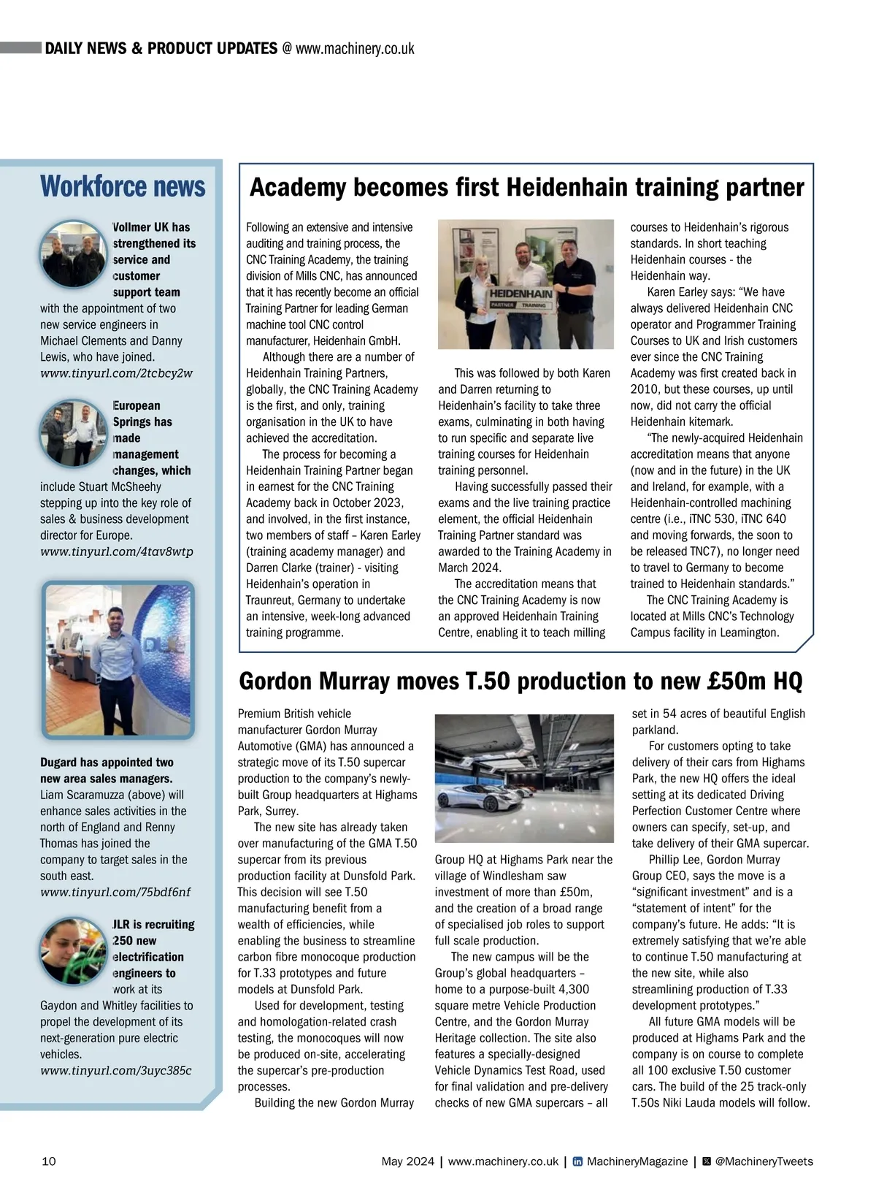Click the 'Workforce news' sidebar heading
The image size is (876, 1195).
pos(123,186)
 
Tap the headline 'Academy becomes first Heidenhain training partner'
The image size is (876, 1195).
pos(526,188)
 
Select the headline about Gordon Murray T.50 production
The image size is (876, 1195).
pos(520,682)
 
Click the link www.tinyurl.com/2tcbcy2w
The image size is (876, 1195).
pos(116,373)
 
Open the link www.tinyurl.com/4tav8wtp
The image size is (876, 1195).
pos(117,551)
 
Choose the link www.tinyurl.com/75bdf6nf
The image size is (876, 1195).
pos(115,892)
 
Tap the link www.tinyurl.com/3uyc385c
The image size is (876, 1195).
pos(115,1070)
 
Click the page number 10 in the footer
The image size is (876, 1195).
pos(49,1161)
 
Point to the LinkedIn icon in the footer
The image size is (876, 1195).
pos(577,1161)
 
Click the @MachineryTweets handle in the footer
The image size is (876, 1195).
pos(764,1161)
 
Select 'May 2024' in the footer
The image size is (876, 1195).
pos(407,1161)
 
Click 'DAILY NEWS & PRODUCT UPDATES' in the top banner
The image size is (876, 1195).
pos(161,48)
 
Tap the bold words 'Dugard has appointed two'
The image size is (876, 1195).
pos(107,763)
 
